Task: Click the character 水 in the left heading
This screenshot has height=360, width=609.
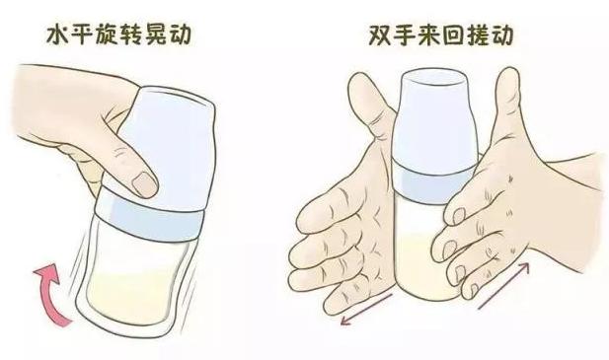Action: [x=61, y=36]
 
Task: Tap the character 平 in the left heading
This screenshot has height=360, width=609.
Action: [x=90, y=36]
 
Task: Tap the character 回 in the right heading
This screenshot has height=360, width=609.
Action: [x=461, y=36]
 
